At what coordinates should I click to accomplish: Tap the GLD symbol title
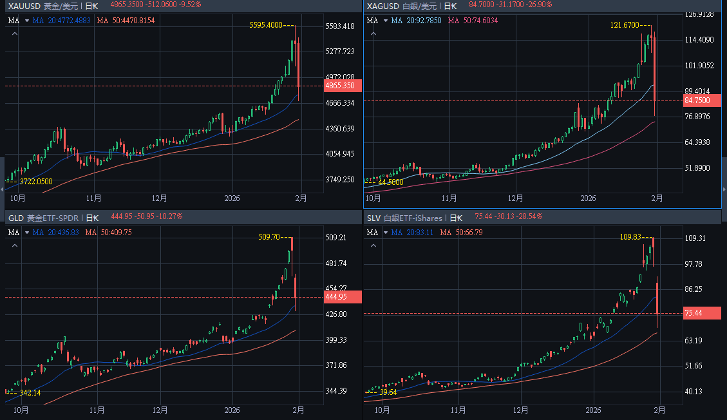pos(15,218)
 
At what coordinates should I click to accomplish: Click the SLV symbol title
pos(373,218)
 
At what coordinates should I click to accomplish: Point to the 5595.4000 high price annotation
pos(266,25)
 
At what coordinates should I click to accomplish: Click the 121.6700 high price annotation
pos(624,25)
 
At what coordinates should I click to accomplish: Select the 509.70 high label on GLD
pos(269,237)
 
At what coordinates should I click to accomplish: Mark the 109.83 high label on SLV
pos(630,237)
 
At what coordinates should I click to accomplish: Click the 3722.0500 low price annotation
pos(36,182)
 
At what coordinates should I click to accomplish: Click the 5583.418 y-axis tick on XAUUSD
pos(340,26)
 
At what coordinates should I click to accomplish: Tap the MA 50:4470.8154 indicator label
pos(126,20)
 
